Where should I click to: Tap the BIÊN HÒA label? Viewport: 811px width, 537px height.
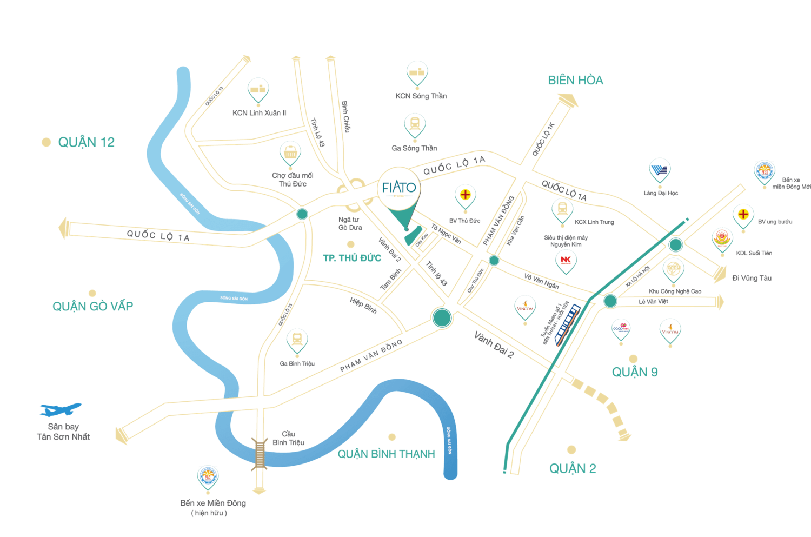pos(575,81)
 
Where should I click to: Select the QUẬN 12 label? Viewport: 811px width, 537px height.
pos(87,142)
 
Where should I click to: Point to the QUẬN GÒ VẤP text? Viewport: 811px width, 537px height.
pos(92,307)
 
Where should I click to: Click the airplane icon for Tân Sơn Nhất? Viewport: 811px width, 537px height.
pos(60,409)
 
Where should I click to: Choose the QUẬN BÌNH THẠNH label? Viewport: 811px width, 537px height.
pos(386,454)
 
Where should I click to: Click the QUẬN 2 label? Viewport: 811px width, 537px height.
pos(573,468)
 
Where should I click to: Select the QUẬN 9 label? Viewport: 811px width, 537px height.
pos(635,372)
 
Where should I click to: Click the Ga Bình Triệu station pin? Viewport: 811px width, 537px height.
pos(297,340)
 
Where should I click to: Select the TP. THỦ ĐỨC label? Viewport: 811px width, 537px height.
pos(352,258)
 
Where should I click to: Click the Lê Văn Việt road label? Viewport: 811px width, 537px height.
pos(653,302)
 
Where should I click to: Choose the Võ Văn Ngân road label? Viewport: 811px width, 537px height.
pos(541,281)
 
